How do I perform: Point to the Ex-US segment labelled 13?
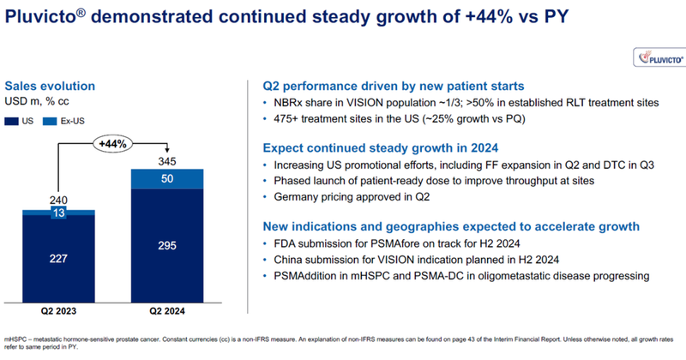click(58, 212)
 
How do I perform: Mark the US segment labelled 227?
click(58, 258)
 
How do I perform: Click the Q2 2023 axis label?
click(58, 310)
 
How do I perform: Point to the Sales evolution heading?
click(50, 86)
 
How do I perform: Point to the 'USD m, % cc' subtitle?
click(41, 101)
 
